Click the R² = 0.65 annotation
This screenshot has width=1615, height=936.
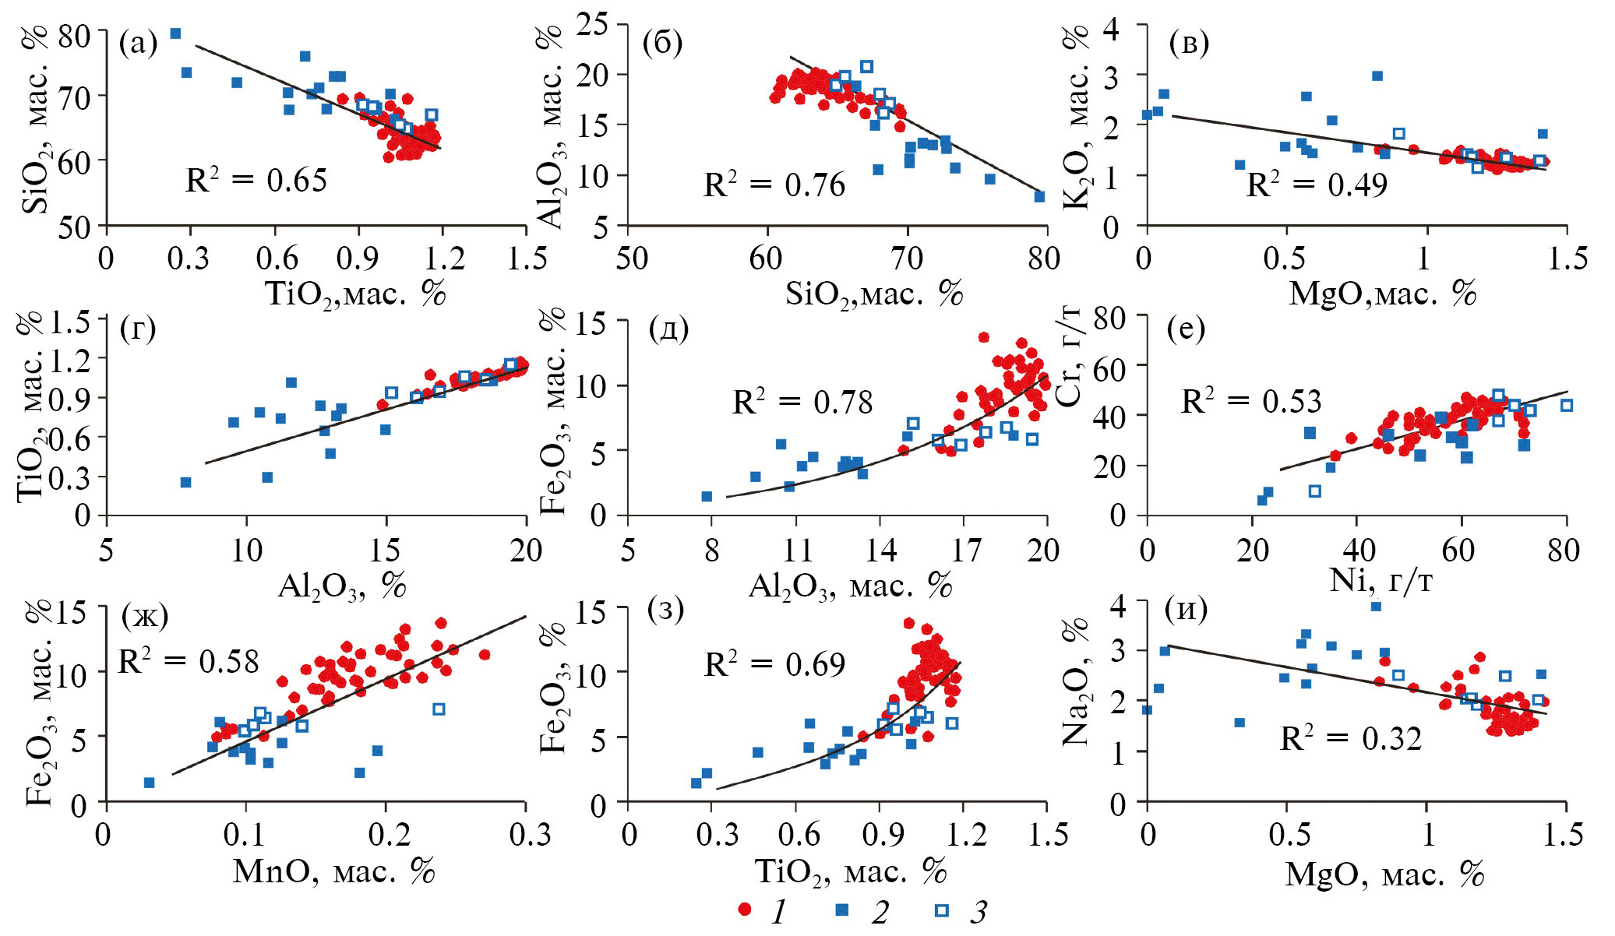256,181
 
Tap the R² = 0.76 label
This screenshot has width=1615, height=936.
774,185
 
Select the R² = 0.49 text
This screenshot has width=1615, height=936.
1317,185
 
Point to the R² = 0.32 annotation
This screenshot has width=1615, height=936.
1350,738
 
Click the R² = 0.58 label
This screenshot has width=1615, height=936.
188,662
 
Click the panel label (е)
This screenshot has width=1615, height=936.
1186,329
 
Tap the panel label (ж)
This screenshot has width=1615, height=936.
145,616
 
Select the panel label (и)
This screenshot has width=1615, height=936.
1186,608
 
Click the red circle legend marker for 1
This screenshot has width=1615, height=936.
745,910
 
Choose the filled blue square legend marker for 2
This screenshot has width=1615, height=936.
841,910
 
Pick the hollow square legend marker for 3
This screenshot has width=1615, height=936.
942,910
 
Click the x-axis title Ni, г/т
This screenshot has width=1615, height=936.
1380,580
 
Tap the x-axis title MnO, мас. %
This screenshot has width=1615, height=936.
333,871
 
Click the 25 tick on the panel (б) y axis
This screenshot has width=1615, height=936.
593,25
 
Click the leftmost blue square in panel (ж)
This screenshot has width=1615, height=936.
149,783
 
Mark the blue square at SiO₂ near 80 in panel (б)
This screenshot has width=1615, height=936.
1039,197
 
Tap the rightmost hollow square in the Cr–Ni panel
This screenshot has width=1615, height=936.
1567,405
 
